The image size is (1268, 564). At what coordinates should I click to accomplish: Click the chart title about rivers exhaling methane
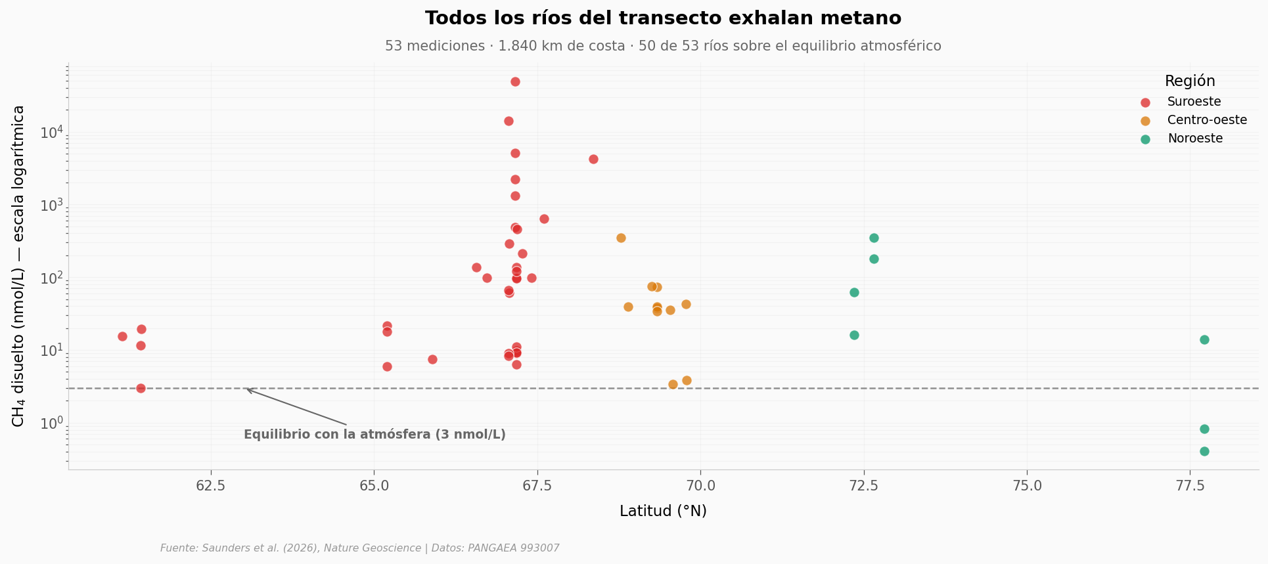pos(663,18)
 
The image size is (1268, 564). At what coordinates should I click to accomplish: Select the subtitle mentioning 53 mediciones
pos(663,46)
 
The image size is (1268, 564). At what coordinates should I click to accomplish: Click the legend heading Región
pos(1190,81)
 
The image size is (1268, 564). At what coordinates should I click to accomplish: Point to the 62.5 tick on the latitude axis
pos(211,486)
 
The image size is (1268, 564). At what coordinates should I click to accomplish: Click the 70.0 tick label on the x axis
pos(700,486)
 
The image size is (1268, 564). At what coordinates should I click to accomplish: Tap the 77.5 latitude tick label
pos(1190,486)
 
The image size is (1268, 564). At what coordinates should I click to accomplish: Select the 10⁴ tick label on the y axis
pos(52,132)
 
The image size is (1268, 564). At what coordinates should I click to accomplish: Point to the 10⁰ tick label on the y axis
pos(52,423)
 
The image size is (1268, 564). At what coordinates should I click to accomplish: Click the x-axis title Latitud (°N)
pos(663,511)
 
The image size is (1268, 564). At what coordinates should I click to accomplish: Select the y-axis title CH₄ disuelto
pos(18,266)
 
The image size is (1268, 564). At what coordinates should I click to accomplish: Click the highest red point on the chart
pos(515,81)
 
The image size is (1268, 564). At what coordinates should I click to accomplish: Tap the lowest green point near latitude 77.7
pos(1204,451)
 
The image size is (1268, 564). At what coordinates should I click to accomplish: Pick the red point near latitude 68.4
pos(593,159)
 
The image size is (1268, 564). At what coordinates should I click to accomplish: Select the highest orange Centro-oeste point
pos(621,238)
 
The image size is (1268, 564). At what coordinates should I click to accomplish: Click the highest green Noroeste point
pos(874,238)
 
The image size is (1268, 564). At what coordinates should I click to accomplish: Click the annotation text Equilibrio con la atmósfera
pos(374,435)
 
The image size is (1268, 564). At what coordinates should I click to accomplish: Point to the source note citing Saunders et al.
pos(360,548)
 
